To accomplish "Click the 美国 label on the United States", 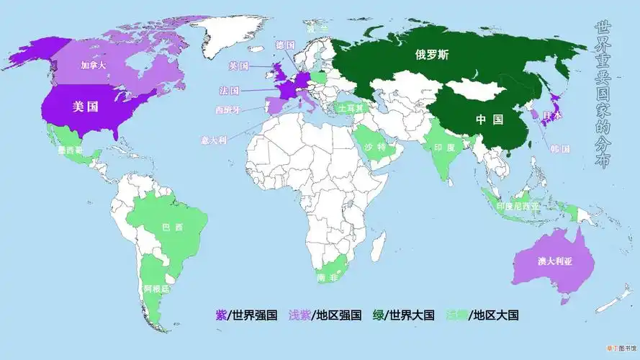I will [x=86, y=107].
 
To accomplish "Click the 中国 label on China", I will [x=490, y=120].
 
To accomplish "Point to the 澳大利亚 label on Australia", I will [x=554, y=261].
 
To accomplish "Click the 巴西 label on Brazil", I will [x=173, y=228].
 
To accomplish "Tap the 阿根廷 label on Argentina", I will [x=156, y=289].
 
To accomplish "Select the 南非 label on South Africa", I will [x=327, y=278].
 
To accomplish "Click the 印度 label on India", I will [x=444, y=146].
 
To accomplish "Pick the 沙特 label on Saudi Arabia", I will [x=375, y=147].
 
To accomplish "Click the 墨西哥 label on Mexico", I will [x=70, y=150].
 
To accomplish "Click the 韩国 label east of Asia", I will [x=560, y=149].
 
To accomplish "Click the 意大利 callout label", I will [x=214, y=140].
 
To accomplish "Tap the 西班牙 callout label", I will [x=228, y=110].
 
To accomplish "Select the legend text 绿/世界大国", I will [x=403, y=315].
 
